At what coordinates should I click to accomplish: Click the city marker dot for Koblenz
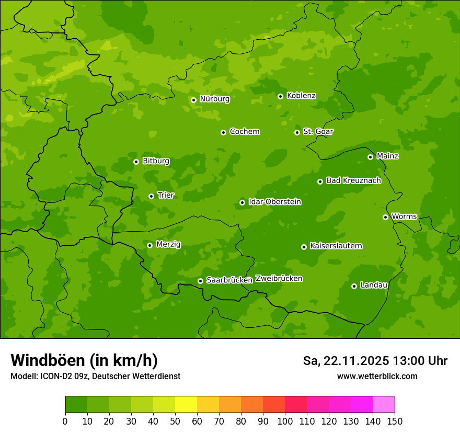point(280,96)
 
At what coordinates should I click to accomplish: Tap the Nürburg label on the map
point(214,98)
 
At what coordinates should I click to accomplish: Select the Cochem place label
point(244,131)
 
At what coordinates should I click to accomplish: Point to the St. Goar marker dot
point(297,132)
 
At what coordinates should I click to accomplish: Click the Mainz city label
point(387,156)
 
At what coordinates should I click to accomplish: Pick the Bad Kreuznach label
point(353,180)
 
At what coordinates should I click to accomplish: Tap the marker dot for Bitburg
point(136,162)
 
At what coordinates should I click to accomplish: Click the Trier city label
point(166,195)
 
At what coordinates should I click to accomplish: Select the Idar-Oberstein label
point(274,201)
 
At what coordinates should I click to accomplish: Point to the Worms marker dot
point(385,217)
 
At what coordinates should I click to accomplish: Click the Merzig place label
point(168,244)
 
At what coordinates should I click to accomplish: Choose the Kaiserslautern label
point(336,246)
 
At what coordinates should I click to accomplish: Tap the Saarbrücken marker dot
point(200,281)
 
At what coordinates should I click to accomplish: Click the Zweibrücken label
point(279,279)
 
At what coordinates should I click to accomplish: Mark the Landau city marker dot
point(354,286)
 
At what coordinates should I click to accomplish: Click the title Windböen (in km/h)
point(84,360)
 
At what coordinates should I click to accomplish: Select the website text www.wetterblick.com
point(377,376)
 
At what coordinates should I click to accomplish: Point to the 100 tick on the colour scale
point(285,421)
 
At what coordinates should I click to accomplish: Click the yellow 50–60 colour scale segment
point(186,405)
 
